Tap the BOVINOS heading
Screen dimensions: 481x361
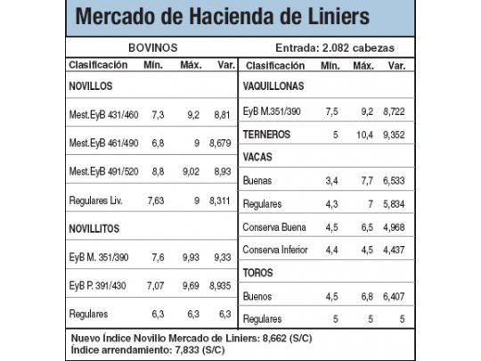[151, 48]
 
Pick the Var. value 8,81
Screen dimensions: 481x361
[222, 115]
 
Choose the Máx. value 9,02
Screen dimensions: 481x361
[190, 172]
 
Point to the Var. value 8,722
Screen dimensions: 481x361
[396, 112]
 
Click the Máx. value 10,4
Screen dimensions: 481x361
[363, 135]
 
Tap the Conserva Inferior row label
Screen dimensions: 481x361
[280, 249]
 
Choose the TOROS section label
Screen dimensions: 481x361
[258, 272]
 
